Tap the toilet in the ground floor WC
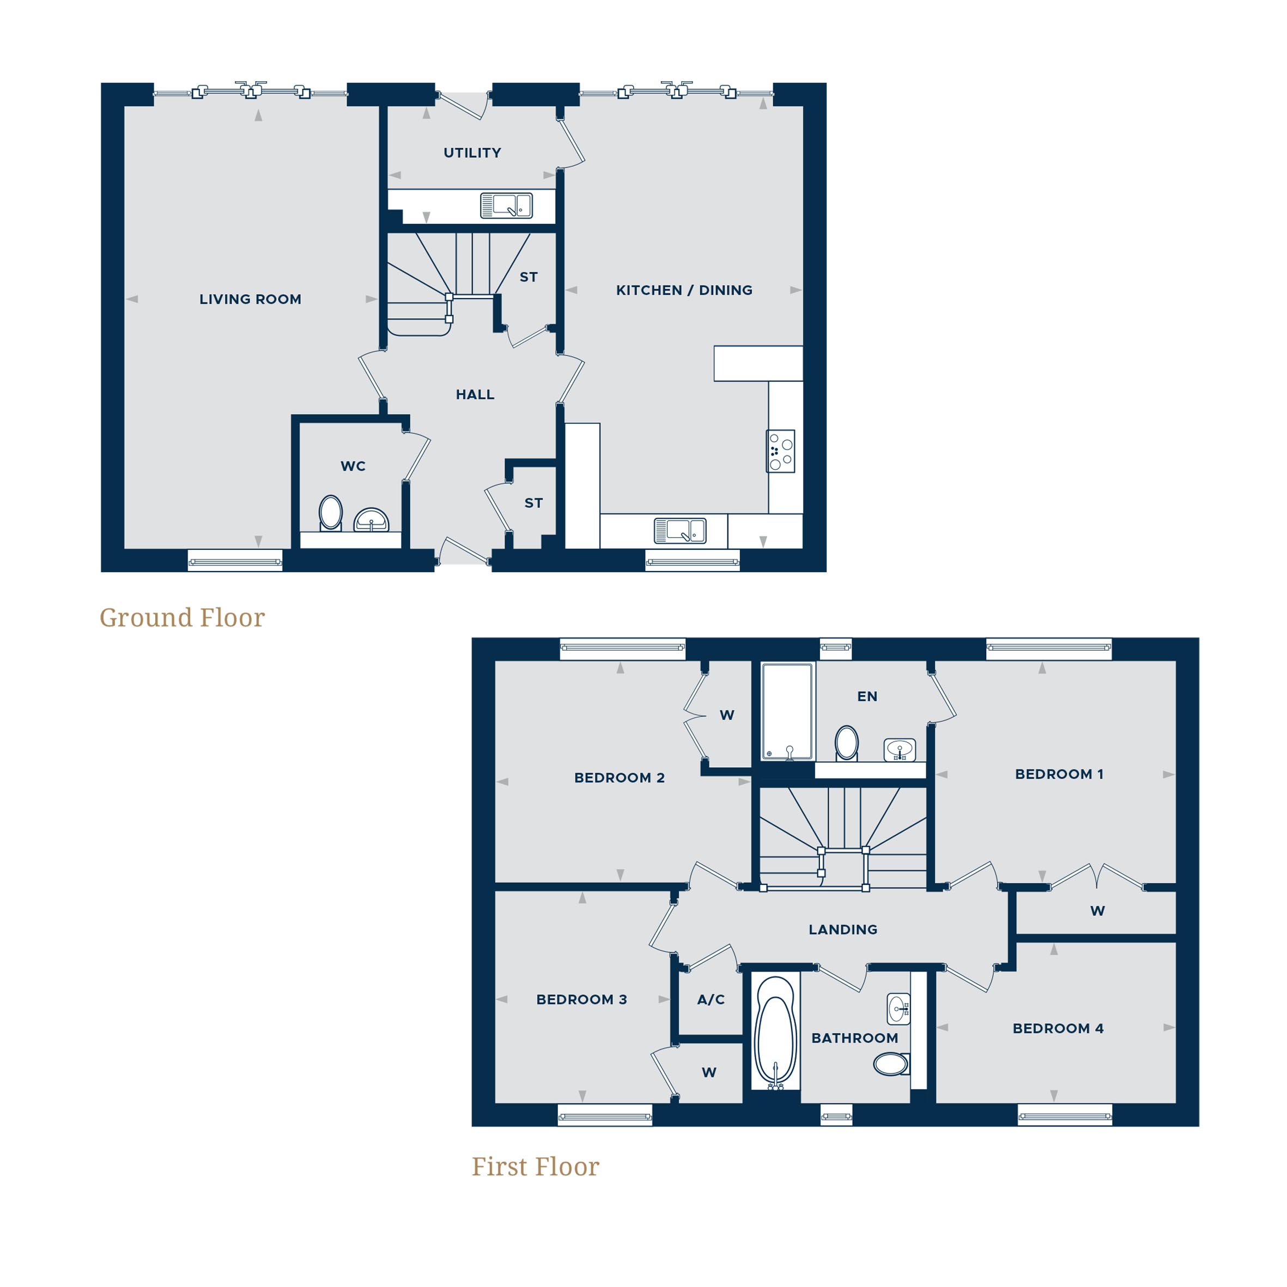point(330,512)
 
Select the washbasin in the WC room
point(371,519)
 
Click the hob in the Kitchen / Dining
point(780,451)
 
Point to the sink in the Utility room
point(506,205)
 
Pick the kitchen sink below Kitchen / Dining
point(679,531)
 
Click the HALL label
point(475,394)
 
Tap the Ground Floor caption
point(182,617)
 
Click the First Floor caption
point(535,1167)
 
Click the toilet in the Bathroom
point(891,1064)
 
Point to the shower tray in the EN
point(787,711)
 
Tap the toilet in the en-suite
point(847,742)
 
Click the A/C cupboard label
point(711,999)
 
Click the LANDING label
point(843,929)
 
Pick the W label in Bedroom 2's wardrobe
point(727,715)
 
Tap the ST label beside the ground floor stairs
point(528,277)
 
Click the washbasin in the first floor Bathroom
point(899,1009)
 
